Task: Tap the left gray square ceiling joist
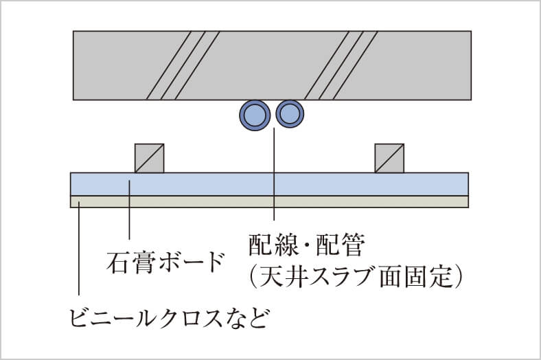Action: click(x=150, y=158)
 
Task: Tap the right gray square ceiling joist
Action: click(x=389, y=158)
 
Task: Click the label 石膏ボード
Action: click(x=165, y=262)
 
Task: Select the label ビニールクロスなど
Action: click(x=169, y=317)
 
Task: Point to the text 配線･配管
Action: click(x=306, y=245)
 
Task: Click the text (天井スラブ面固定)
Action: click(x=356, y=276)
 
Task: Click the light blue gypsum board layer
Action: click(x=269, y=184)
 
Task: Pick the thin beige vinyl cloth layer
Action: click(x=269, y=202)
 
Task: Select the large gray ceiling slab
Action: click(x=273, y=65)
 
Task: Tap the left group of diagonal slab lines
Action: click(x=183, y=65)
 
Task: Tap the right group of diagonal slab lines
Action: click(x=341, y=65)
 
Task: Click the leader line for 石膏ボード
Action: click(x=129, y=210)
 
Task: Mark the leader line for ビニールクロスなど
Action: click(x=79, y=248)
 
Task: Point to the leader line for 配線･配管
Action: click(x=274, y=174)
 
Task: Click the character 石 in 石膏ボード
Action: click(x=117, y=262)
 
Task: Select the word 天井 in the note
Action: click(x=283, y=276)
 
